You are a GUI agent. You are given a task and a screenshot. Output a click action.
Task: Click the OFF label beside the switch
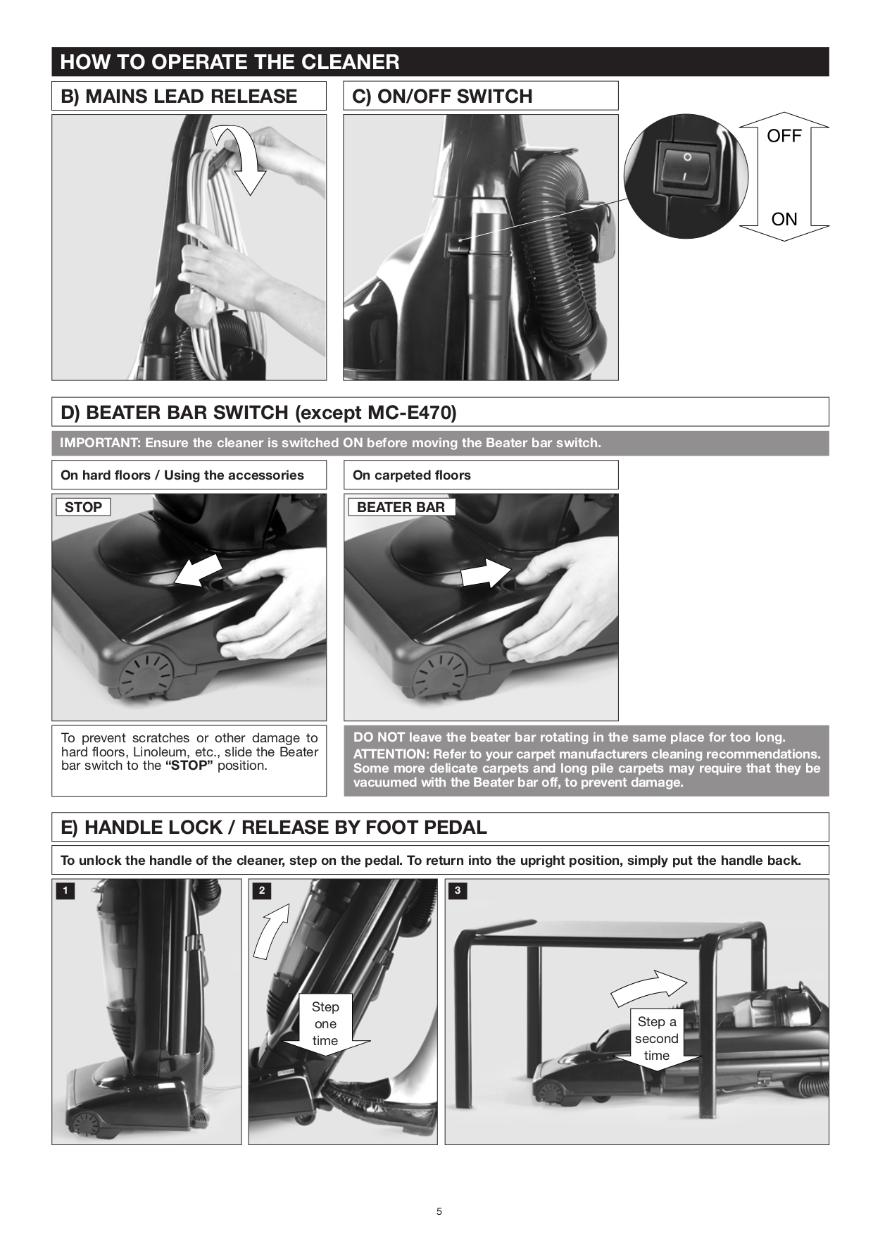tap(784, 136)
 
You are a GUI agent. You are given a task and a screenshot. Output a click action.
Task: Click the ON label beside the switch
tap(784, 219)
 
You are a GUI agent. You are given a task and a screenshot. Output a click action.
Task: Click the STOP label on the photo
tap(83, 507)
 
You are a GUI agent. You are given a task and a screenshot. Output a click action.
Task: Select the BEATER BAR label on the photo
tap(401, 507)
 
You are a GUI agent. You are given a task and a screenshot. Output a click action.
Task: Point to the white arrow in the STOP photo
tap(197, 570)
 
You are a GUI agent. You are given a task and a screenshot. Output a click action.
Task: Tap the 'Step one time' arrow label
tap(325, 1025)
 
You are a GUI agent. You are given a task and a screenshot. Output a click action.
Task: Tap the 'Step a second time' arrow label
tap(656, 1040)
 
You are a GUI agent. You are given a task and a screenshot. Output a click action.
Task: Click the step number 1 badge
tap(65, 891)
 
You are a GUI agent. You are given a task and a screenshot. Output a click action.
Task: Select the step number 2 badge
tap(262, 891)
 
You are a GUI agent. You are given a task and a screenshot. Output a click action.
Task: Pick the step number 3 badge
tap(458, 891)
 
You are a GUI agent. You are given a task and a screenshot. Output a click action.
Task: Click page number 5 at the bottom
tap(439, 1211)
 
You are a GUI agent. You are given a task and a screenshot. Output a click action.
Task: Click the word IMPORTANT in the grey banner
tap(99, 443)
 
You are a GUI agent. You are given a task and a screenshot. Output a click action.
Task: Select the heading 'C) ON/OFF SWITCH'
tap(442, 96)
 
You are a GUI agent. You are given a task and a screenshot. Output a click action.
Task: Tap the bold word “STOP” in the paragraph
tap(189, 766)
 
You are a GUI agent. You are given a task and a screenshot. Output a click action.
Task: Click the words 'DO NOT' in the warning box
tap(379, 737)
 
